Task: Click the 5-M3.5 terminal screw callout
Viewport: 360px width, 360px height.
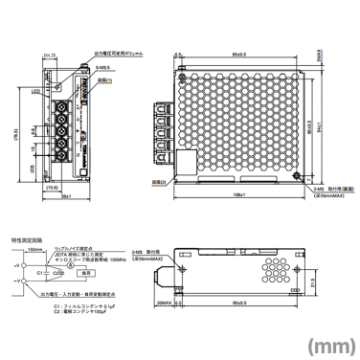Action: tap(102, 70)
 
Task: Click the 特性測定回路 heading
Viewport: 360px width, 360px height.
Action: tap(27, 232)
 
